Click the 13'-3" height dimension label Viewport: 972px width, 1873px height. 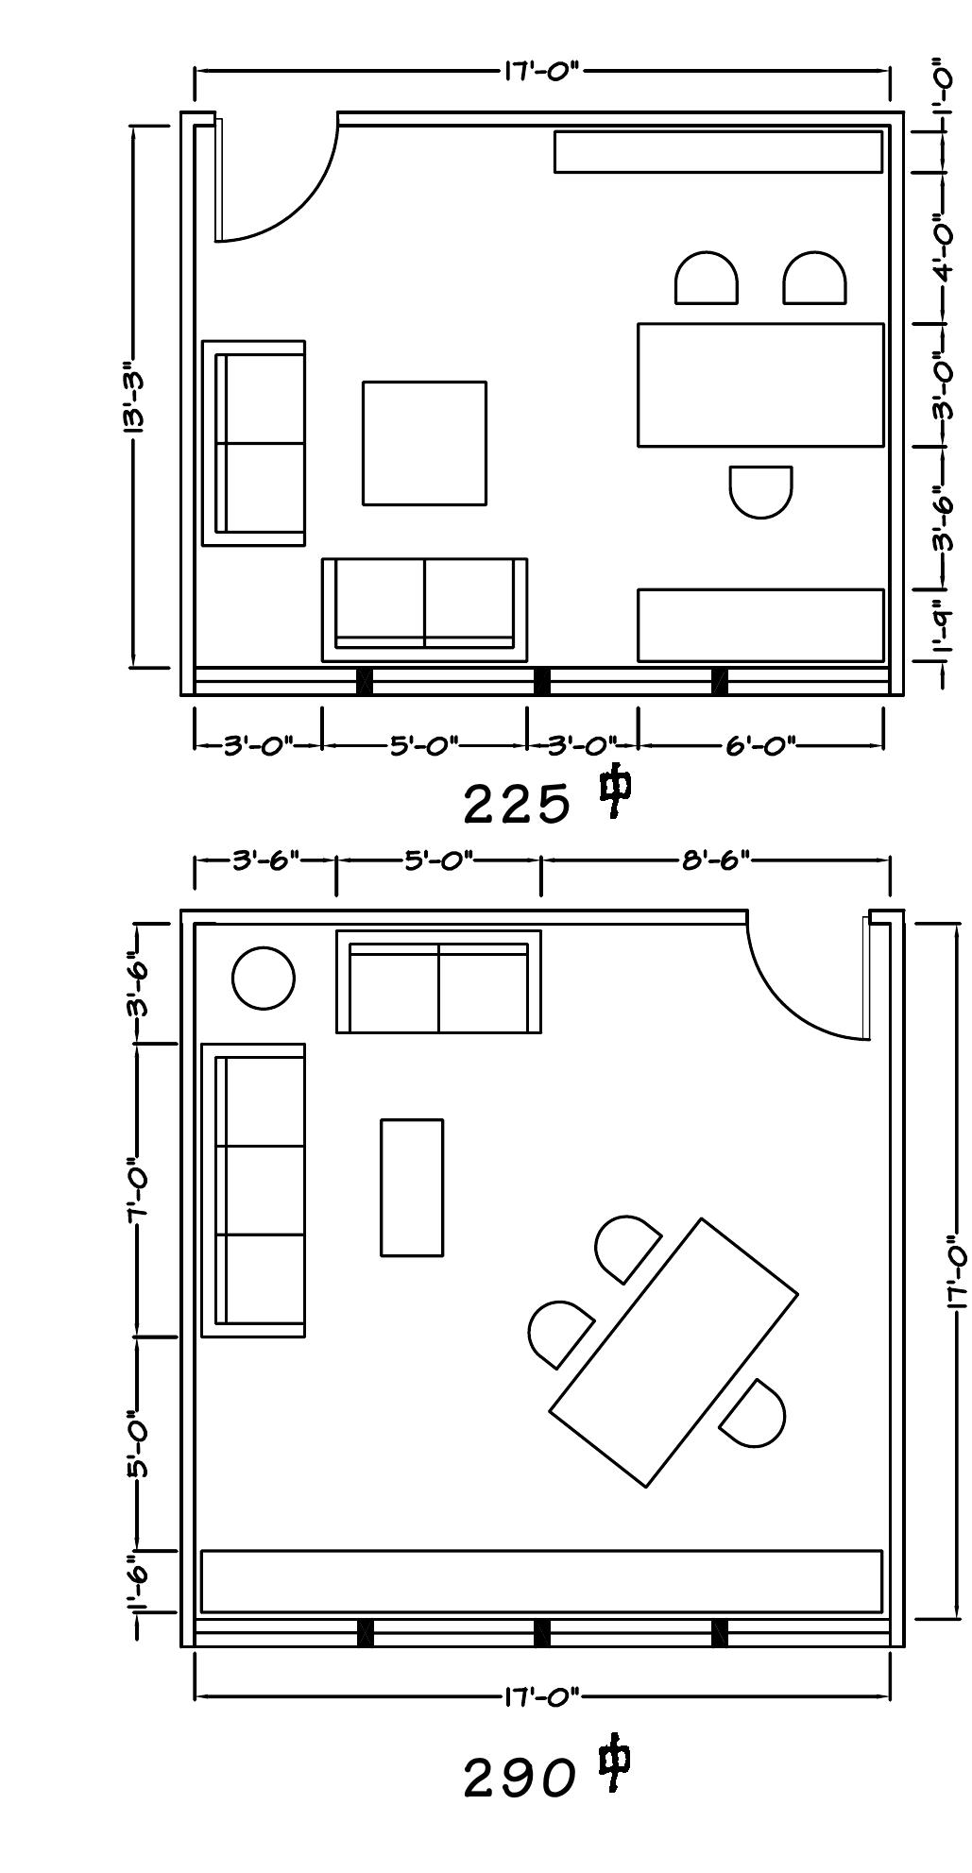coord(133,398)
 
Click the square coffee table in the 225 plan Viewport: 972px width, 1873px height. coord(424,443)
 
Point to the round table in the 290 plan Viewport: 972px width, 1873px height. coord(263,979)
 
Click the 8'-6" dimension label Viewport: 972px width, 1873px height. coord(715,860)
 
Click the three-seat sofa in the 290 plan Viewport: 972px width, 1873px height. coord(254,1190)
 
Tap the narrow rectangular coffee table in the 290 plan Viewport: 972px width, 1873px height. coord(412,1187)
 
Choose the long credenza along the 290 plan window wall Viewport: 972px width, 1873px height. coord(542,1580)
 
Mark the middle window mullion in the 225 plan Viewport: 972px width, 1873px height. coord(541,681)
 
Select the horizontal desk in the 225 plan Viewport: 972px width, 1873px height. coord(760,384)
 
